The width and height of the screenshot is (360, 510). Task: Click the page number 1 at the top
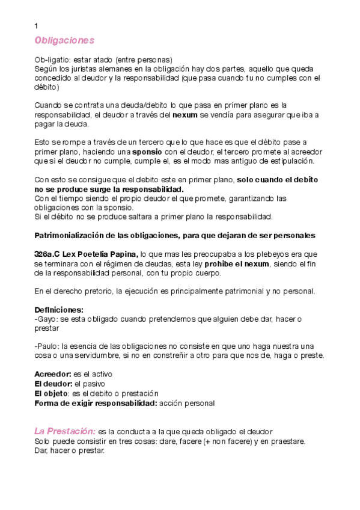(x=37, y=26)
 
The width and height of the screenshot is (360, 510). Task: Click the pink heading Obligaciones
(x=64, y=40)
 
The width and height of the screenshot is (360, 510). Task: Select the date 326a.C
(x=47, y=253)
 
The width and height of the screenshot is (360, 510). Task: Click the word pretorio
(x=91, y=291)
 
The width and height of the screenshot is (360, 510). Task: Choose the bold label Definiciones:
(x=59, y=310)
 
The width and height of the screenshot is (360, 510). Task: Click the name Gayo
(x=47, y=319)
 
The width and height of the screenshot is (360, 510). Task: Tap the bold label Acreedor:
(x=53, y=374)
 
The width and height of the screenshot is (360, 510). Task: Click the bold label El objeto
(x=52, y=393)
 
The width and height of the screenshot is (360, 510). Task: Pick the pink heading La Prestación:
(x=65, y=431)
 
